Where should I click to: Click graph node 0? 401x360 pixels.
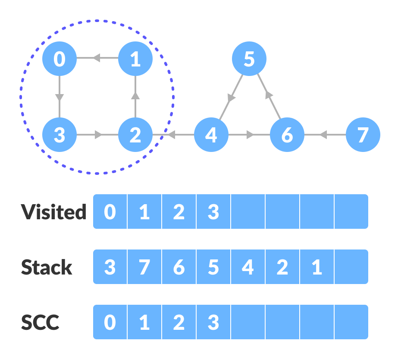pyautogui.click(x=60, y=59)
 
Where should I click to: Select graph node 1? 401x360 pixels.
pyautogui.click(x=135, y=59)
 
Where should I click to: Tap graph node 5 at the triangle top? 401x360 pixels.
pyautogui.click(x=249, y=59)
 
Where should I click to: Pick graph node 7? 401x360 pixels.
pyautogui.click(x=363, y=135)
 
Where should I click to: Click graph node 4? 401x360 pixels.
pyautogui.click(x=211, y=135)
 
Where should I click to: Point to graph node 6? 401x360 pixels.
pyautogui.click(x=287, y=135)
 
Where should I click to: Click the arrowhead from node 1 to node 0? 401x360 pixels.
pyautogui.click(x=97, y=58)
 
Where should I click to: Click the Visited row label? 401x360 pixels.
pyautogui.click(x=53, y=212)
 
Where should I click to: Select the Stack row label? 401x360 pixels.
pyautogui.click(x=47, y=267)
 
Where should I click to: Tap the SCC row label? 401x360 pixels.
pyautogui.click(x=40, y=322)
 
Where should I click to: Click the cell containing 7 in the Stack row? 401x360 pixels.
pyautogui.click(x=144, y=267)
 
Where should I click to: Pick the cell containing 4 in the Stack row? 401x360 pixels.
pyautogui.click(x=248, y=267)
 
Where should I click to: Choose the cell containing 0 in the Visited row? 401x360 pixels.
pyautogui.click(x=110, y=212)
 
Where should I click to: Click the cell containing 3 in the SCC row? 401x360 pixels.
pyautogui.click(x=213, y=322)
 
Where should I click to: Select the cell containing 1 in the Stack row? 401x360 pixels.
pyautogui.click(x=317, y=267)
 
